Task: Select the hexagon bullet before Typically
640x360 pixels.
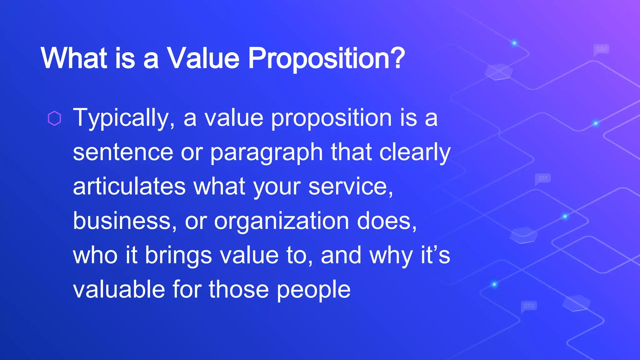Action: (54, 118)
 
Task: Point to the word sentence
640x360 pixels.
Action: (123, 152)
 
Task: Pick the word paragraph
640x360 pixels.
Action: (266, 153)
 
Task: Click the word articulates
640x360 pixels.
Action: (129, 187)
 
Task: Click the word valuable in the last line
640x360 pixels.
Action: (119, 289)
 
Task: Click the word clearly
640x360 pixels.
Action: (415, 153)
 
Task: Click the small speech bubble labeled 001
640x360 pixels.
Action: (601, 49)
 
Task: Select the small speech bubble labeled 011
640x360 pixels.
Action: (543, 179)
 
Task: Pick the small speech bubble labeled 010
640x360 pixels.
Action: (529, 306)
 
